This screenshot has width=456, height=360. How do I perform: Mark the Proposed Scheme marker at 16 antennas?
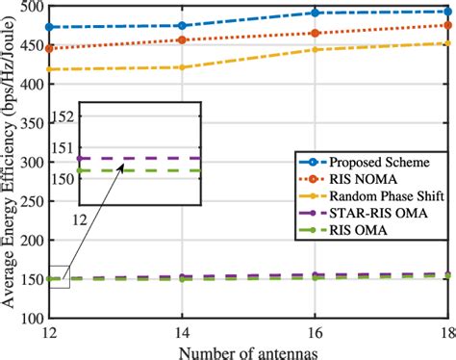[314, 13]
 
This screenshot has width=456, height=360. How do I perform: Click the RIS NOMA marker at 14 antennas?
[180, 39]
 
